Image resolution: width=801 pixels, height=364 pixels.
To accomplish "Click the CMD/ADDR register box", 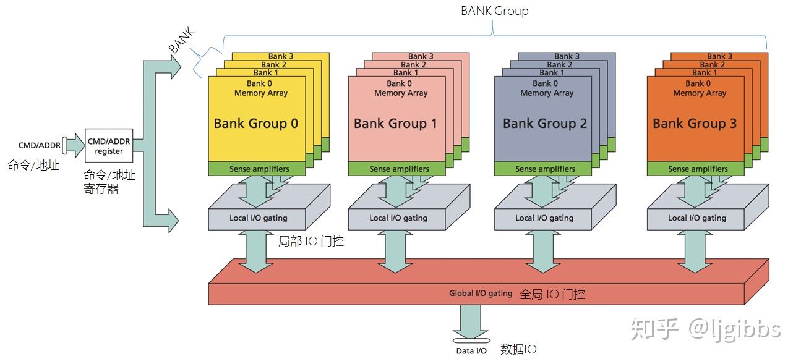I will pyautogui.click(x=109, y=146).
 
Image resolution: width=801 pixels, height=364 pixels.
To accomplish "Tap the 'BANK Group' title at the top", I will pyautogui.click(x=494, y=11).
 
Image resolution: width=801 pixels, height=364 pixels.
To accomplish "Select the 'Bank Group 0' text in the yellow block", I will pyautogui.click(x=255, y=123).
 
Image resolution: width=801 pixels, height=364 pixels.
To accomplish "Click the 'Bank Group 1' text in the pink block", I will pyautogui.click(x=395, y=123).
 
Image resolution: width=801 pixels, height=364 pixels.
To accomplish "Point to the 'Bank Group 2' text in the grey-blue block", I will pyautogui.click(x=544, y=123).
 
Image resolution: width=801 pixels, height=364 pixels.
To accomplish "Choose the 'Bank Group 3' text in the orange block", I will pyautogui.click(x=695, y=123).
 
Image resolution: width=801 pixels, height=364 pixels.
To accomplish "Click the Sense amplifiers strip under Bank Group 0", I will pyautogui.click(x=258, y=169).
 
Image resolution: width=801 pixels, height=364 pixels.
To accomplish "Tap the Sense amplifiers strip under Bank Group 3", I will pyautogui.click(x=697, y=169).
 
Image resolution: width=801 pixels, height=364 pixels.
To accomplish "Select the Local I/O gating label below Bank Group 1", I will pyautogui.click(x=398, y=218).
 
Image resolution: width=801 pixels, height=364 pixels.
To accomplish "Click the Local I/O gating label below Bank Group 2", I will pyautogui.click(x=544, y=218).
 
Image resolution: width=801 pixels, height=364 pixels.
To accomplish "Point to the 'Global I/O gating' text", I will pyautogui.click(x=481, y=294).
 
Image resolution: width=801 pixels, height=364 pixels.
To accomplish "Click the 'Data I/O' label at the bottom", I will pyautogui.click(x=471, y=351).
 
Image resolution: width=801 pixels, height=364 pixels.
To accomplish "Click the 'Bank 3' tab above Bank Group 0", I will pyautogui.click(x=281, y=57).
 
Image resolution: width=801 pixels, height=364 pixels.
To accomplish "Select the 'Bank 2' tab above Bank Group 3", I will pyautogui.click(x=713, y=64).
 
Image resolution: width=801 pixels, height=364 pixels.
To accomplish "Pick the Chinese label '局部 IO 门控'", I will pyautogui.click(x=311, y=241).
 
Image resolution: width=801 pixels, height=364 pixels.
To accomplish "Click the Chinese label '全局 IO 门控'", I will pyautogui.click(x=552, y=294).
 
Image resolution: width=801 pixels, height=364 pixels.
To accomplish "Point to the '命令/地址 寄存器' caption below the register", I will pyautogui.click(x=109, y=182).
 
